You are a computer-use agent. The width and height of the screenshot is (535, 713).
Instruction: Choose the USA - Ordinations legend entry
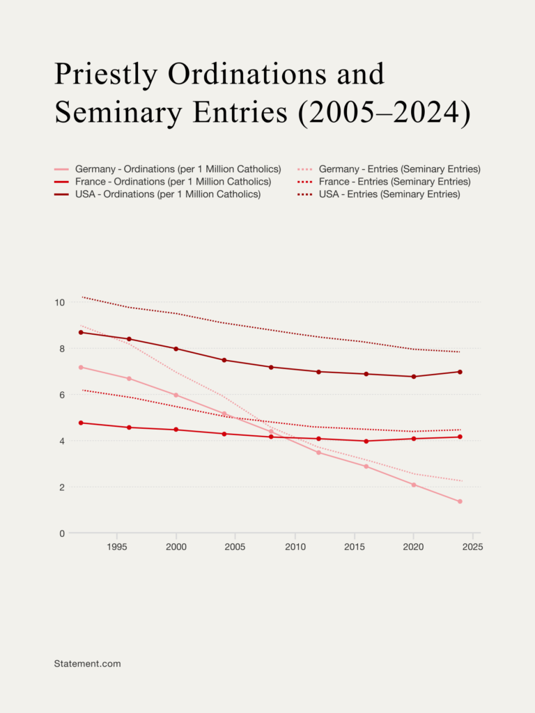168,194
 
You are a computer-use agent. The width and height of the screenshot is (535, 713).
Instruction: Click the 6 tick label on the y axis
61,395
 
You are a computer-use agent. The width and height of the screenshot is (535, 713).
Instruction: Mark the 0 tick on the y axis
61,533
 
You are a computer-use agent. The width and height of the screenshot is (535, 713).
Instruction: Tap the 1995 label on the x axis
116,547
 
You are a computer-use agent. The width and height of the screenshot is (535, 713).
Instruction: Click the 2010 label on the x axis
295,547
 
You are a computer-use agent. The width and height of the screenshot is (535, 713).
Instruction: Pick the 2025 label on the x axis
473,547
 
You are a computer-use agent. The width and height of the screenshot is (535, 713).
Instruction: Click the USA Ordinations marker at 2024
460,372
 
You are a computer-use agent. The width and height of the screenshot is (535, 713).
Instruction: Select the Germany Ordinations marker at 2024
460,501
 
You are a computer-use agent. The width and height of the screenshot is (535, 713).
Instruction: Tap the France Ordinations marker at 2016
366,441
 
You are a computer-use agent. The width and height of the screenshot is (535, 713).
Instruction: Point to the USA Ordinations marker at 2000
176,349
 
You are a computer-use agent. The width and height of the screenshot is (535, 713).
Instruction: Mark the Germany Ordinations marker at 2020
413,485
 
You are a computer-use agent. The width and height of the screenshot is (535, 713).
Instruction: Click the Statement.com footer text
87,664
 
